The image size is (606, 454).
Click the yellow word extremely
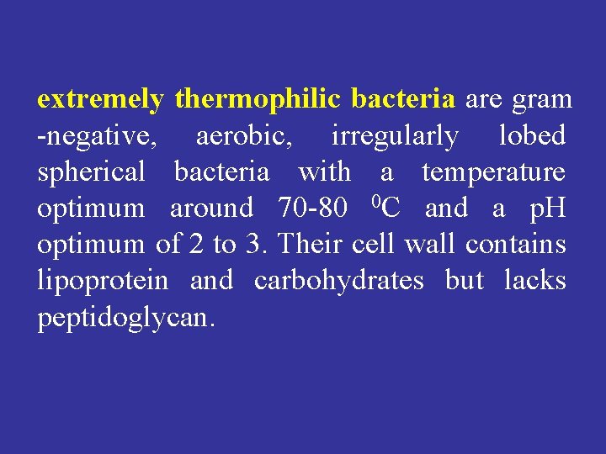(x=100, y=100)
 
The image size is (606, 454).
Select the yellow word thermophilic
(x=258, y=100)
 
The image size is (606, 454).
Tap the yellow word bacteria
(x=402, y=100)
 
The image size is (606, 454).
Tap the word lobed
(x=532, y=136)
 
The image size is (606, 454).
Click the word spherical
(x=92, y=173)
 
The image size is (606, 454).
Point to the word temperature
(x=493, y=173)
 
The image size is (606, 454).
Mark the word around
(x=211, y=209)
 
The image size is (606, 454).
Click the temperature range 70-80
(x=313, y=209)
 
